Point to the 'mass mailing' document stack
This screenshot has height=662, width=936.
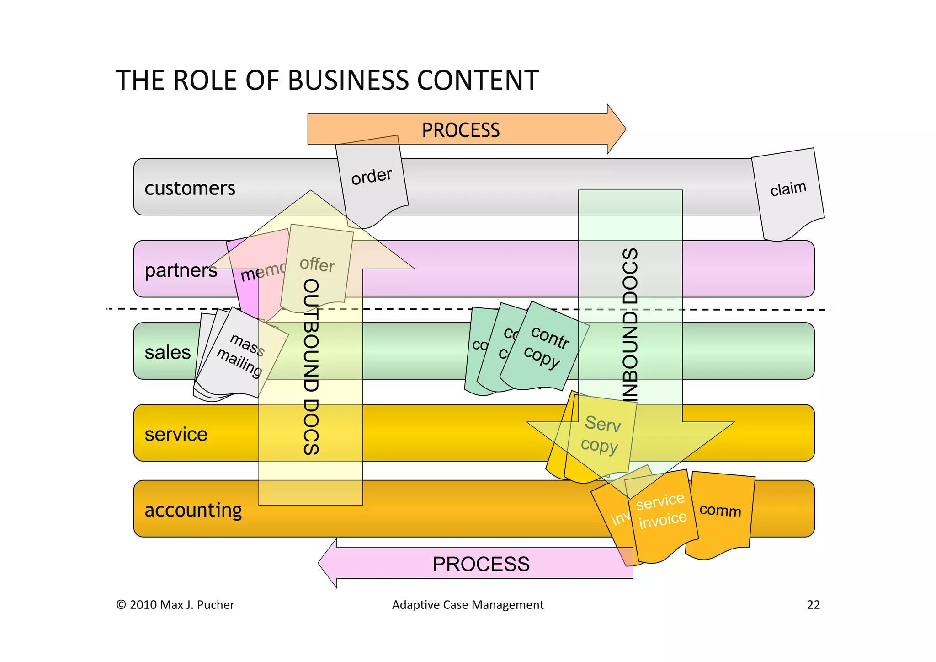click(241, 355)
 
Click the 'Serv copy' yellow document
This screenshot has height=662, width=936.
click(601, 435)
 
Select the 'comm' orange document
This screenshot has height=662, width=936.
click(720, 510)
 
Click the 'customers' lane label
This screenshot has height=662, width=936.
click(190, 188)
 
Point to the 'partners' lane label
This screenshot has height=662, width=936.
click(181, 270)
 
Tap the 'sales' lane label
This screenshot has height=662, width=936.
click(167, 353)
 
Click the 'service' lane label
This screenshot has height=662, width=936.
click(176, 434)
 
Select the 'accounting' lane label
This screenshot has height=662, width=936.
click(193, 510)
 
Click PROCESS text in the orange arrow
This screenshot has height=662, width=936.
click(461, 130)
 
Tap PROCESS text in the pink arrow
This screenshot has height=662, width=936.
click(481, 564)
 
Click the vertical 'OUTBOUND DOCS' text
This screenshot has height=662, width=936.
click(311, 366)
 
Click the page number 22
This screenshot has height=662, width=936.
click(813, 605)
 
